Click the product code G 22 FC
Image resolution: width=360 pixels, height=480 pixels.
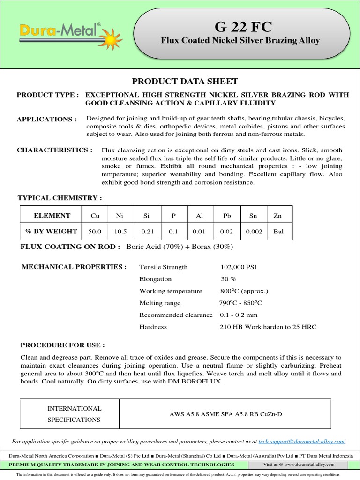point(240,26)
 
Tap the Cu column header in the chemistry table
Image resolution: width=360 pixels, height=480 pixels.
point(95,216)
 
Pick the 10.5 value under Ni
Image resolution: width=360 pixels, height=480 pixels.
point(121,231)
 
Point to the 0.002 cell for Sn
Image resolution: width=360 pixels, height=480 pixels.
point(253,231)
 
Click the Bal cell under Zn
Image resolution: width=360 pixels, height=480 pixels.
point(278,231)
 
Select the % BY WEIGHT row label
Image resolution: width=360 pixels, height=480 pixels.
point(52,231)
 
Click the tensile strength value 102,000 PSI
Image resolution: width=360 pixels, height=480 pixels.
point(239,267)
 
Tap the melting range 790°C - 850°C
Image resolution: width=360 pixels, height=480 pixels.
point(241,303)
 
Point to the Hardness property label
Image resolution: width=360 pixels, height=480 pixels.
point(153,327)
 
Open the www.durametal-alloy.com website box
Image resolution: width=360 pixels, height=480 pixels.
point(299,465)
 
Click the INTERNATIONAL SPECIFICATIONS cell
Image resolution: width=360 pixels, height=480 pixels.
point(75,414)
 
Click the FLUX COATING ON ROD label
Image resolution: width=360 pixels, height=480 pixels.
point(71,247)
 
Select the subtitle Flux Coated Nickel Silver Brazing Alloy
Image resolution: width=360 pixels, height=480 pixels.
point(240,41)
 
